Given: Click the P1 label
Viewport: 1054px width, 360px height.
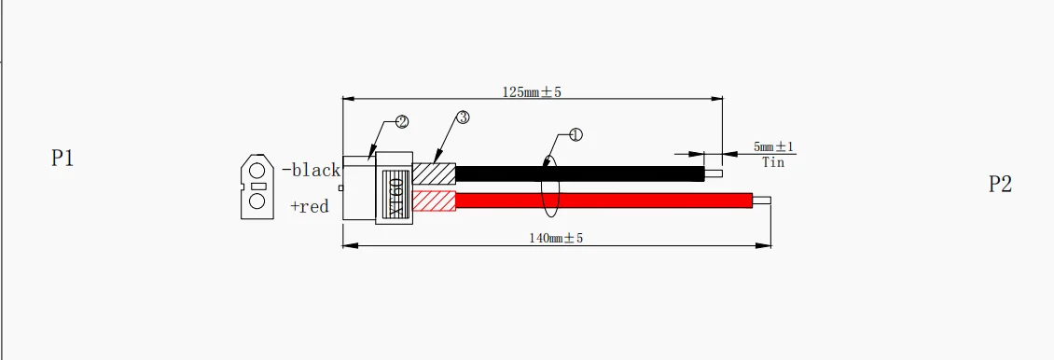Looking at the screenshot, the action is [62, 159].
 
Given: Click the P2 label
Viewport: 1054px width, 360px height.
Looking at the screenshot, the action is [1000, 184].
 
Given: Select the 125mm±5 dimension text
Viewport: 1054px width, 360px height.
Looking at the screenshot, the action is [532, 92].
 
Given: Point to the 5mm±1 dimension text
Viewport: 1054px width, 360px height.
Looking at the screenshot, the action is [773, 146].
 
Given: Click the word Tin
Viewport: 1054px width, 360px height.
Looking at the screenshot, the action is [773, 162].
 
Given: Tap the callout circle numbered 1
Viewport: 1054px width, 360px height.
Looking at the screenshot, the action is [576, 135].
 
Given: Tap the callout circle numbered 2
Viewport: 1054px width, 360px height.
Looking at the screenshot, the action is [402, 121].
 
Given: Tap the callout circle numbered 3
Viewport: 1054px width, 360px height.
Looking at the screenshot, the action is [463, 118].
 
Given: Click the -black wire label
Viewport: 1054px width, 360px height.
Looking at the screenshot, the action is [312, 170].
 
